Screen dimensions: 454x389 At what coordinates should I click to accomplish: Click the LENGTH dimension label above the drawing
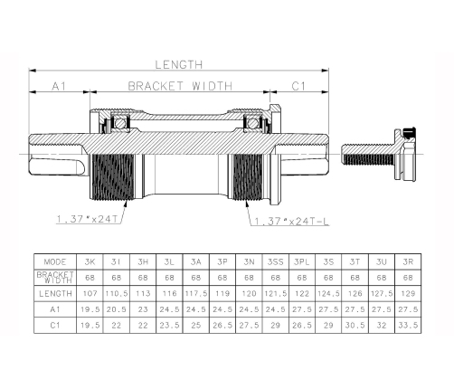[179, 64]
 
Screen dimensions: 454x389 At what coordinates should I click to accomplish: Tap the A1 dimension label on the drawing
[59, 86]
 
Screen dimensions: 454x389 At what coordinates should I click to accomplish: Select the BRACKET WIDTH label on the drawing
[180, 86]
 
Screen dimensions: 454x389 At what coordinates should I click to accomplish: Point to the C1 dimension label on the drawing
[298, 86]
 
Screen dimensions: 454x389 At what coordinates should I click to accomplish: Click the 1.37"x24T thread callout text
[87, 219]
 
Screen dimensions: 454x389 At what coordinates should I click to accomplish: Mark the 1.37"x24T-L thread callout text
[292, 222]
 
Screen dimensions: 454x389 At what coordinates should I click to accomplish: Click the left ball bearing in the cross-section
[120, 123]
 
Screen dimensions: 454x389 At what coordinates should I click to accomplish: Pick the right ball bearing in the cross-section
[252, 123]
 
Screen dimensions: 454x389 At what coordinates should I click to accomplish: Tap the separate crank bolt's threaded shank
[367, 155]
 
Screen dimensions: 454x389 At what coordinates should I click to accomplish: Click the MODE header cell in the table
[55, 261]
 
